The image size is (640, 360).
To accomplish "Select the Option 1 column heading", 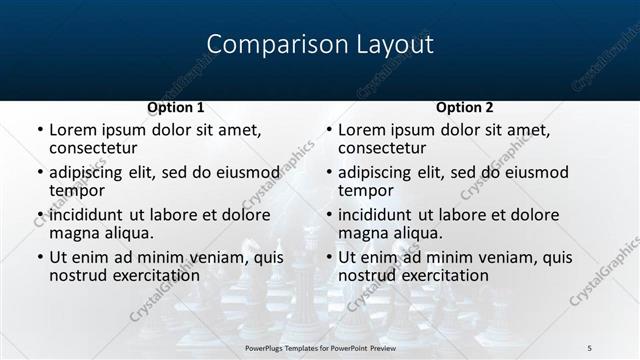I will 175,107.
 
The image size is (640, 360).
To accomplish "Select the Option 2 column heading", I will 465,107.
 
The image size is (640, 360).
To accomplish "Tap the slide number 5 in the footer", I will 590,347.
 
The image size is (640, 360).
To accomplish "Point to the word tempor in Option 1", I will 77,190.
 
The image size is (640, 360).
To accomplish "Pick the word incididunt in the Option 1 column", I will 85,215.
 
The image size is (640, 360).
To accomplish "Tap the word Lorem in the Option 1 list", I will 73,130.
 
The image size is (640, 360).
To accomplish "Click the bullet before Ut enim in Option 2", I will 328,257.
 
